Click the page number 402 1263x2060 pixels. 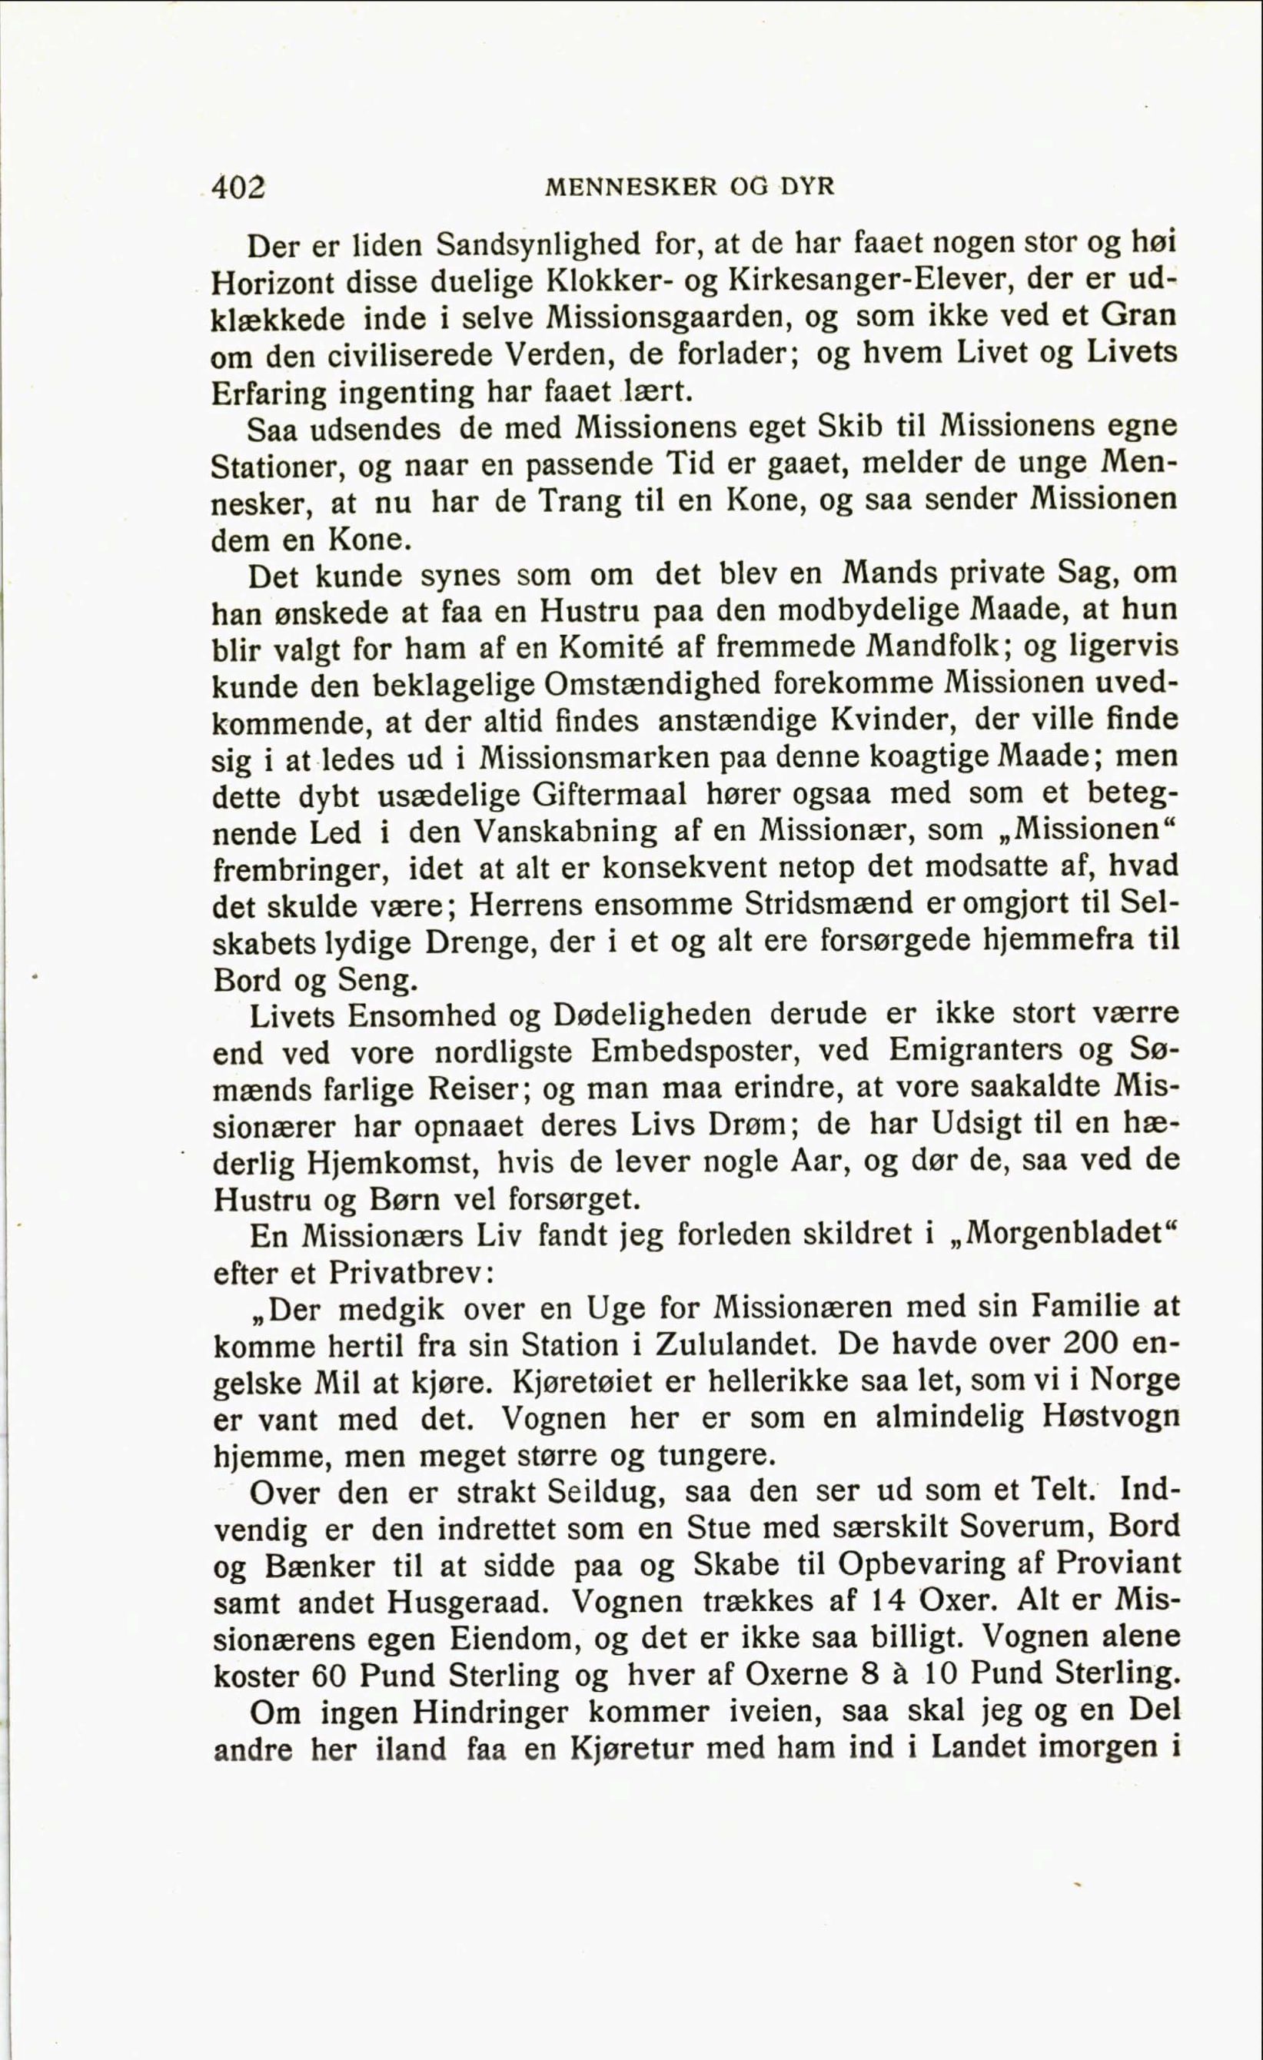(238, 188)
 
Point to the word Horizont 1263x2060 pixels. (272, 283)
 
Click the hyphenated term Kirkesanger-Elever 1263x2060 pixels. (872, 281)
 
